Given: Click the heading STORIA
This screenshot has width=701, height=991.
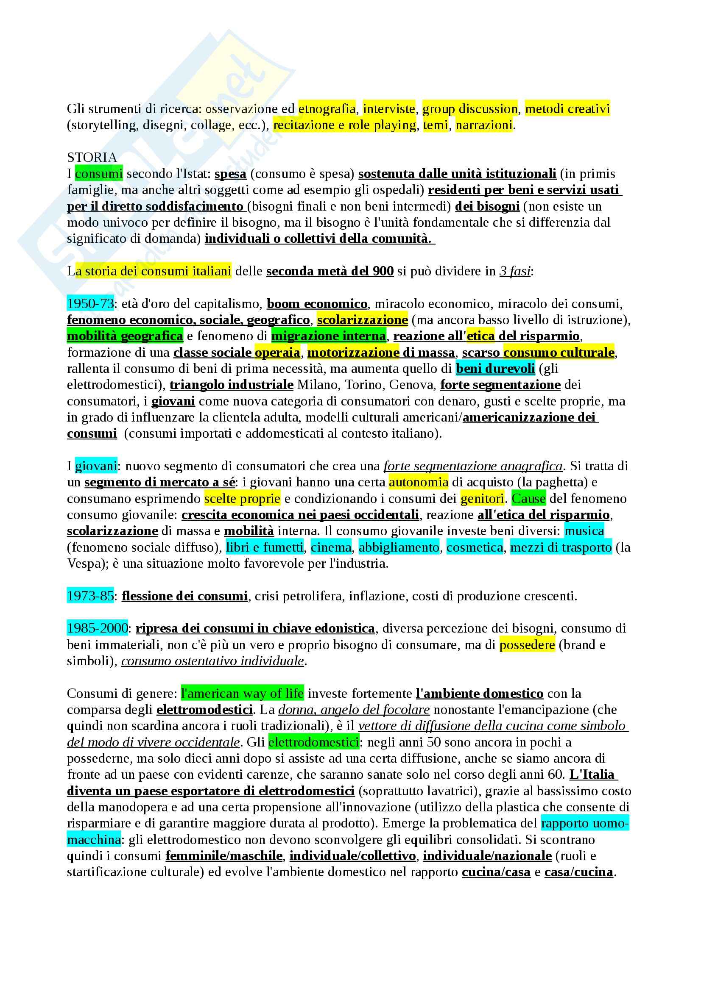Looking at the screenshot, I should (x=92, y=157).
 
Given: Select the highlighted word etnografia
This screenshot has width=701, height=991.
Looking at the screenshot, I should (x=327, y=109).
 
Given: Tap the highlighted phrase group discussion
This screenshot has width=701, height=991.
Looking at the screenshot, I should (x=469, y=109).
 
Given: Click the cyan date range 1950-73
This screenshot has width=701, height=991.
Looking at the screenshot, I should (x=90, y=304).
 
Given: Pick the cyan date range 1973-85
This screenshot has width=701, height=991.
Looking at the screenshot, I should (x=90, y=596).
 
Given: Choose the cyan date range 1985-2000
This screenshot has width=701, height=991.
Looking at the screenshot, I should (x=97, y=628).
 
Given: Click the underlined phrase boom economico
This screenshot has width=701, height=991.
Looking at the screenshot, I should (x=317, y=304).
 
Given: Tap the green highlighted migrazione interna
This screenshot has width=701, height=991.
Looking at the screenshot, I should (x=328, y=336).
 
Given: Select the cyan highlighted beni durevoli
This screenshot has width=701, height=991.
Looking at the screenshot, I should (x=495, y=369).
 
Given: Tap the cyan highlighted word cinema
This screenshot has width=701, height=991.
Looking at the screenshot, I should (x=331, y=548).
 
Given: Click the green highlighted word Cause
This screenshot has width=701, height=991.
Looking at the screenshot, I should (x=528, y=499).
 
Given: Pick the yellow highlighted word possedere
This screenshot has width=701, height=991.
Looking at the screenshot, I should (x=527, y=645).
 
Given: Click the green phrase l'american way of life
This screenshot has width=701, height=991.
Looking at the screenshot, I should (x=242, y=694).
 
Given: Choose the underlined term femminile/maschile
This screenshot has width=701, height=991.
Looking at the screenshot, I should (x=224, y=856).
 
